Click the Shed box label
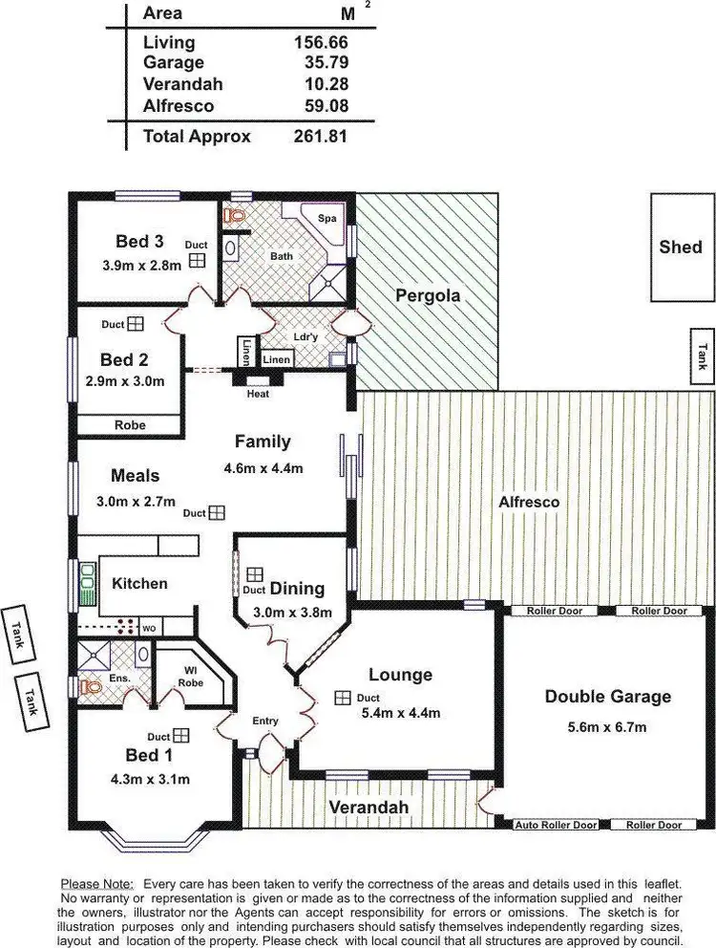681,248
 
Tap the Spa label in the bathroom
326,219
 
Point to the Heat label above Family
258,394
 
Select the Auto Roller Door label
557,824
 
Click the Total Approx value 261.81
321,137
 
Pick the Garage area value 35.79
321,62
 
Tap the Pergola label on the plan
428,295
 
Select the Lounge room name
400,675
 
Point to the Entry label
265,722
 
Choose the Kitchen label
140,583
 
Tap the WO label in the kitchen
150,628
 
